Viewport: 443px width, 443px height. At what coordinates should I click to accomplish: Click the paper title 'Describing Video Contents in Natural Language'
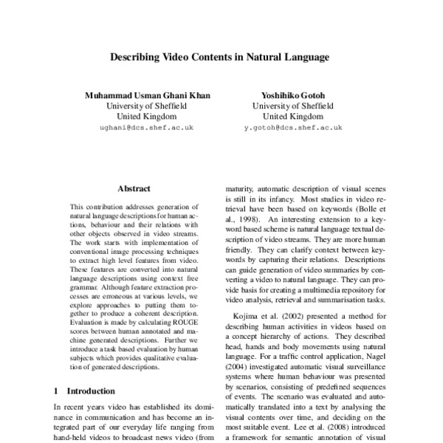pos(219,55)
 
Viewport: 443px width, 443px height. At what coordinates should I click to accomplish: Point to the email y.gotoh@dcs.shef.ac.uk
pos(293,128)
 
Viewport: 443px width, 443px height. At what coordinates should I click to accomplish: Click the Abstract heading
pos(134,188)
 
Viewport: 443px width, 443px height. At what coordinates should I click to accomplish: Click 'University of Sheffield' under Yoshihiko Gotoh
pos(293,106)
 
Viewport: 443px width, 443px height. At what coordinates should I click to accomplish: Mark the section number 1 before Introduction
pos(57,390)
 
